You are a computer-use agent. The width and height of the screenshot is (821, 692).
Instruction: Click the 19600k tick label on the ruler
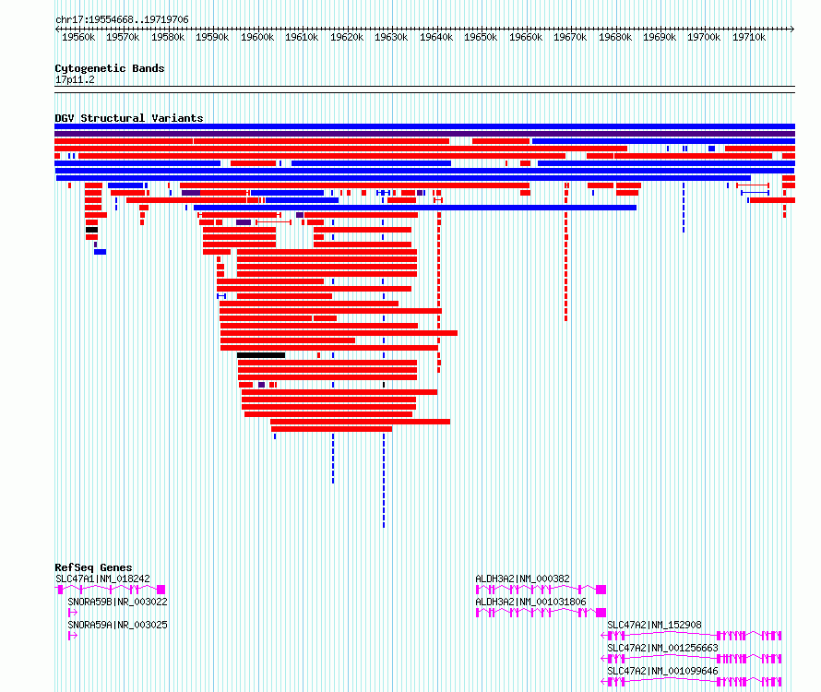(257, 37)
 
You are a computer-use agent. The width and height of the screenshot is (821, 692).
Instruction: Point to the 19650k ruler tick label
(481, 37)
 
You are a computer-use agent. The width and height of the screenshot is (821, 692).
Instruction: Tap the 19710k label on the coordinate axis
(749, 37)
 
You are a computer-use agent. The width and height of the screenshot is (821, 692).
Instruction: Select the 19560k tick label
(78, 37)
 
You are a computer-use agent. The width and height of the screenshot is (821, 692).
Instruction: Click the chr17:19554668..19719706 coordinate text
(122, 20)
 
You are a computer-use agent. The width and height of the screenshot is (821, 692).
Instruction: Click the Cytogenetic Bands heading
(110, 68)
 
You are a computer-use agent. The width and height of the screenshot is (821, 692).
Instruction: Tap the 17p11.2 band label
(75, 79)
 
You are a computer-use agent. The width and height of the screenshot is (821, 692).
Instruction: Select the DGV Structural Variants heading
(129, 118)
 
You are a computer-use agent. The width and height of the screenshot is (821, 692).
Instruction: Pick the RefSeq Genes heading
(93, 567)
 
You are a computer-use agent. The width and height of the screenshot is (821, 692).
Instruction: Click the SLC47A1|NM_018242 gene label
(102, 579)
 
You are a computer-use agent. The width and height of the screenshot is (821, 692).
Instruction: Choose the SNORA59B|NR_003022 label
(118, 602)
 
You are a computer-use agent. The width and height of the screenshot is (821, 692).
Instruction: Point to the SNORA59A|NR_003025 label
(118, 625)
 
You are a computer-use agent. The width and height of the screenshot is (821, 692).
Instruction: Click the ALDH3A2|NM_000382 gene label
(522, 579)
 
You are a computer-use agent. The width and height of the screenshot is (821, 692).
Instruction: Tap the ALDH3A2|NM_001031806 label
(531, 602)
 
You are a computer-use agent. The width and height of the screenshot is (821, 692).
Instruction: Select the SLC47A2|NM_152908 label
(655, 625)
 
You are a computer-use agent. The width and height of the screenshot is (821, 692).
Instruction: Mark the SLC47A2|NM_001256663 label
(663, 648)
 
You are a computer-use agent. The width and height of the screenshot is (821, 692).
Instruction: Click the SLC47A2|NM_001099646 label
(663, 671)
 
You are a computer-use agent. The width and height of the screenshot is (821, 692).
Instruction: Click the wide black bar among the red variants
(261, 355)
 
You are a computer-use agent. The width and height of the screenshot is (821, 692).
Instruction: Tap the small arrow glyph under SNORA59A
(73, 636)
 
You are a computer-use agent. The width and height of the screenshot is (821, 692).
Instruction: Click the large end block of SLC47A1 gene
(161, 590)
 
